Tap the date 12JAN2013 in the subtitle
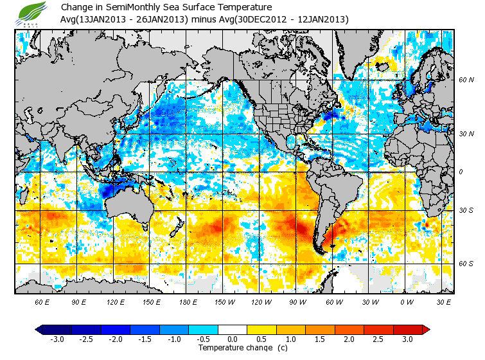(x=321, y=19)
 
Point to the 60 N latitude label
(x=466, y=80)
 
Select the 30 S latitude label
(x=466, y=211)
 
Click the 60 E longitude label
(x=43, y=301)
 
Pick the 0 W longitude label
(x=407, y=301)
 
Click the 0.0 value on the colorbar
(x=233, y=339)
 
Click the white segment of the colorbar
(x=233, y=329)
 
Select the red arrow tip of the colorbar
(x=425, y=329)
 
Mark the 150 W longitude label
(x=226, y=301)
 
